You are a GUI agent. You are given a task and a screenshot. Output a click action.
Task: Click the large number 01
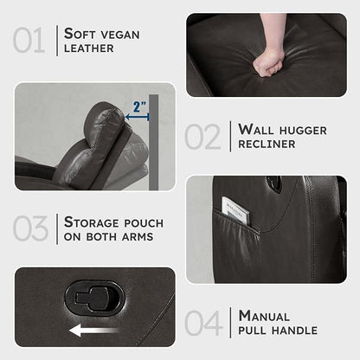coord(29,40)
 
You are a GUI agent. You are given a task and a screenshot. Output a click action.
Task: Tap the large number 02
coord(202,136)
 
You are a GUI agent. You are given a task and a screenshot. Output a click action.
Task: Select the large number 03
coord(30,228)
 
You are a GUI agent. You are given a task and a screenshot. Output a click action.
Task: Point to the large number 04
coord(203,323)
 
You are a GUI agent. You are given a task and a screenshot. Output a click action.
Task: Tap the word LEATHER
coord(89,48)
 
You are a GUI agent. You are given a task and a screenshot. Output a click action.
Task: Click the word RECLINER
coord(267,145)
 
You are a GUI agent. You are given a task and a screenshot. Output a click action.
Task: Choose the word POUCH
coord(144,223)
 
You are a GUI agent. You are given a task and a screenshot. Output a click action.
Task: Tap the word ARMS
coord(138,237)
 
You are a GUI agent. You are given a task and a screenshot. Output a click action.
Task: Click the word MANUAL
coord(264,316)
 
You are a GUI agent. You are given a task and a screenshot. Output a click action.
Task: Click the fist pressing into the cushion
coord(267,62)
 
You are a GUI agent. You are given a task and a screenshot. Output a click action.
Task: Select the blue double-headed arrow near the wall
coord(137,117)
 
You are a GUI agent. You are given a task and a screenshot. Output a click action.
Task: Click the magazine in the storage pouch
coord(235,210)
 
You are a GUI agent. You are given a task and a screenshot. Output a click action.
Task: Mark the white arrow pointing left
coord(94,331)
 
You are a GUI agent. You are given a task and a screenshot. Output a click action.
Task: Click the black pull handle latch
coord(94,299)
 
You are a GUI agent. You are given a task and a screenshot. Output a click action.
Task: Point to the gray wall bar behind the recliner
coord(154,142)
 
